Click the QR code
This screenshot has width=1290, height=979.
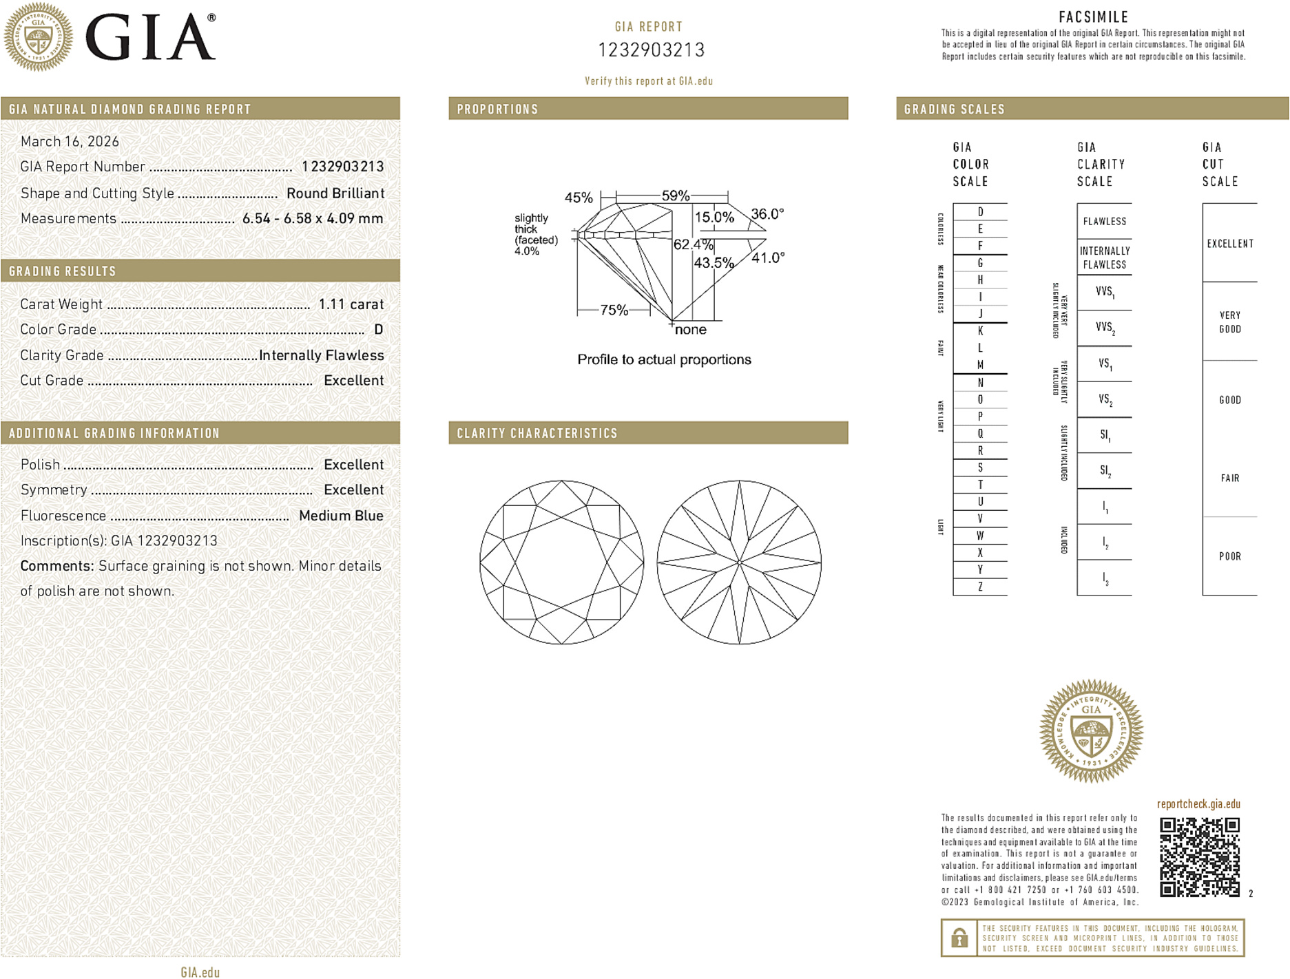click(1199, 856)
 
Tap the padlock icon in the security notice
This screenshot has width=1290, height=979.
click(959, 938)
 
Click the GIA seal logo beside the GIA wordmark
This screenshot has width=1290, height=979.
click(39, 36)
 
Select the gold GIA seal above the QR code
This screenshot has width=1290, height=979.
click(1091, 731)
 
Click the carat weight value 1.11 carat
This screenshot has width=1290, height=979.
click(351, 304)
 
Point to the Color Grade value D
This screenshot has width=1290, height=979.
click(378, 330)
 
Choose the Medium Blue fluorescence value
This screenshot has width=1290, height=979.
click(341, 516)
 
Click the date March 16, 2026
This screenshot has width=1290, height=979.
click(70, 142)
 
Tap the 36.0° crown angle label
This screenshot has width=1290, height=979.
click(767, 214)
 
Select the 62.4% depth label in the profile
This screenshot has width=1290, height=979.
click(693, 244)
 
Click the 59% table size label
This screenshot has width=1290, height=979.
click(675, 196)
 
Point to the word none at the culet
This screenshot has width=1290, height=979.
click(691, 330)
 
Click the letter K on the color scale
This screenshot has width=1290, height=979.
click(980, 331)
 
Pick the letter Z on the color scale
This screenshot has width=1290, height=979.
click(980, 587)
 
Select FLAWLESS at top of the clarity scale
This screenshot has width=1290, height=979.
click(1104, 222)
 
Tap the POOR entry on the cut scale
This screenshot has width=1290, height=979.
click(1229, 556)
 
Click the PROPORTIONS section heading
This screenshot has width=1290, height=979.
click(497, 109)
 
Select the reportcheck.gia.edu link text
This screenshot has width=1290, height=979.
click(1198, 804)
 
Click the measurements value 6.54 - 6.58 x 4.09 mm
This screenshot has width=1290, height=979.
click(313, 219)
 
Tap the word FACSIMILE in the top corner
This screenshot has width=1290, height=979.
click(1093, 17)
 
